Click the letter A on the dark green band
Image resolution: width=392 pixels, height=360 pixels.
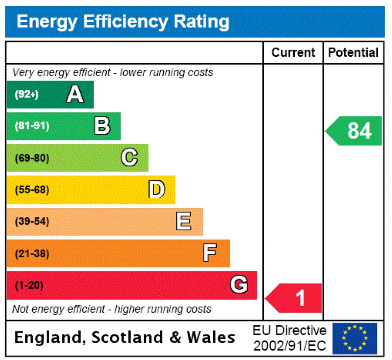(75, 94)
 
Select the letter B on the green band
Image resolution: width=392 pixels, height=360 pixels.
(102, 126)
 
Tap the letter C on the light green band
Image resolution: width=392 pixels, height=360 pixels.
(129, 158)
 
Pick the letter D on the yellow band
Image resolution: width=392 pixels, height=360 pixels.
(157, 190)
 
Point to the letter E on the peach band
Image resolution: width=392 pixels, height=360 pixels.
(184, 221)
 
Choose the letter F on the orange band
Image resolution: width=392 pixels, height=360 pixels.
(210, 253)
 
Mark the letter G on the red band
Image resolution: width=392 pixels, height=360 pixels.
(239, 285)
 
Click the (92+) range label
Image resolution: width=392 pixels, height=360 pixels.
(27, 94)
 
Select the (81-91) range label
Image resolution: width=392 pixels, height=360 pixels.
(32, 126)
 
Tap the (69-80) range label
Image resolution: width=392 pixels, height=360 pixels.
(32, 158)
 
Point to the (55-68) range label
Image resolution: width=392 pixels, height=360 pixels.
(32, 190)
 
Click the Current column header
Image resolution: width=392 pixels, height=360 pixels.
(293, 53)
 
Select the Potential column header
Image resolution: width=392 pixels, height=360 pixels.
(353, 53)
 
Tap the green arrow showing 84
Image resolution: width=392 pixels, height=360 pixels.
(354, 131)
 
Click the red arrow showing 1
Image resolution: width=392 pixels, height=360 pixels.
(294, 298)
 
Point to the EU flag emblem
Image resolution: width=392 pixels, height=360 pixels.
(355, 338)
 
